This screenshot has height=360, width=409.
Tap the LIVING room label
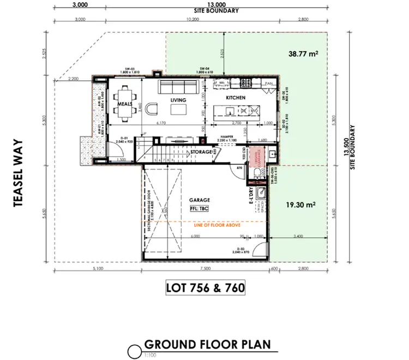tap(178, 100)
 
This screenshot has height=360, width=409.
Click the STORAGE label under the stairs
tap(201, 152)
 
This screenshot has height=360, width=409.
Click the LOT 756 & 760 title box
tap(204, 286)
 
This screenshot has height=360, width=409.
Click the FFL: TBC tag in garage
tap(200, 208)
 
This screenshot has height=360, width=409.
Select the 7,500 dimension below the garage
tap(205, 269)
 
